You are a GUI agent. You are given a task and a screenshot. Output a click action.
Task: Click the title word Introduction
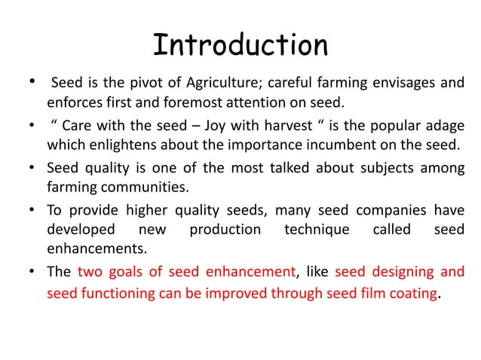(240, 46)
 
